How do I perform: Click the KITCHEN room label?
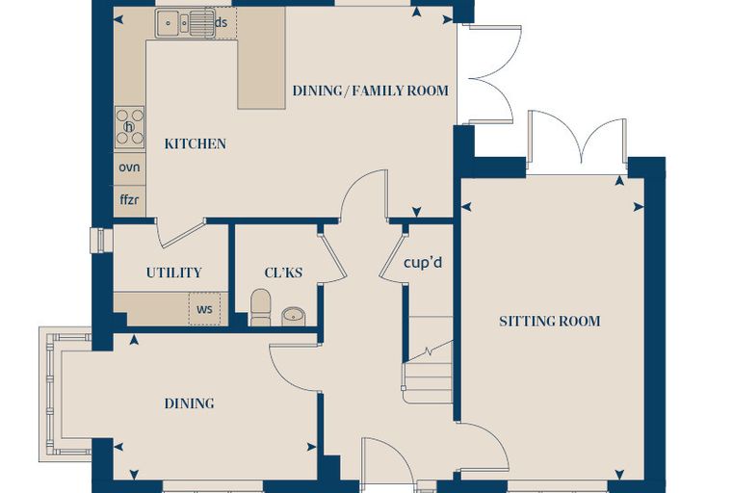coord(196,143)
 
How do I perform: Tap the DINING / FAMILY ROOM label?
coord(370,91)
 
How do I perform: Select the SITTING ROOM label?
coord(549,322)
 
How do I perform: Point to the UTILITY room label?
coord(173,272)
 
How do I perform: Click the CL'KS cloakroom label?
coord(283,272)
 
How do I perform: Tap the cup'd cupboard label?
coord(423,263)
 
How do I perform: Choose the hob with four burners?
coord(130,126)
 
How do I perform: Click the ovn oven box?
coord(130,168)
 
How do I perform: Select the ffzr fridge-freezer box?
coord(130,200)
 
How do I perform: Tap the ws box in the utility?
coord(204,309)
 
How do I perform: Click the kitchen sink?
coord(186,23)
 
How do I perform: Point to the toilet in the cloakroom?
coord(260,307)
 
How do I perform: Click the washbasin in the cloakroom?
coord(294,316)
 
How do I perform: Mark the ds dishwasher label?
coord(222,22)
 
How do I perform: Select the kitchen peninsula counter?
coord(261,58)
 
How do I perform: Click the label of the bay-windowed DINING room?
coord(189,403)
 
